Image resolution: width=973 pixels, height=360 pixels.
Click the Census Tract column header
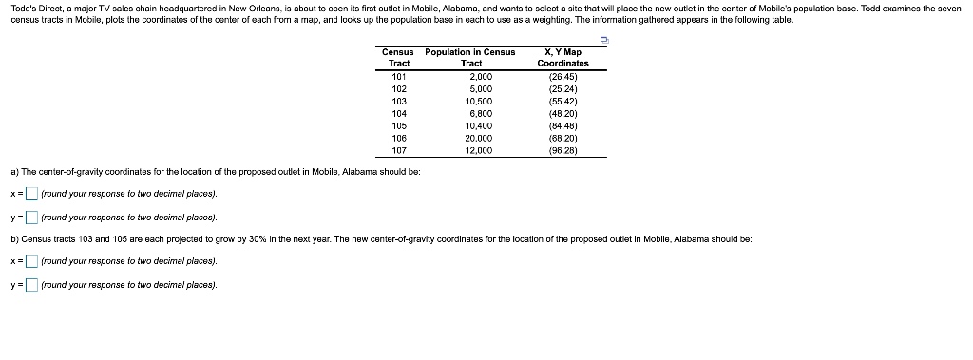coord(399,58)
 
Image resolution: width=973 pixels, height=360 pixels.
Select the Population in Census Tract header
coord(470,58)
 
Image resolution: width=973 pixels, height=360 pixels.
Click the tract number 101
coord(399,76)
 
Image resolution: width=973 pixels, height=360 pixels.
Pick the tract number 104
coord(399,113)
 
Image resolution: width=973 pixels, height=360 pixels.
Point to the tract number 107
coord(399,150)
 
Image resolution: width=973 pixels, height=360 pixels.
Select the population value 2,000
coord(481,76)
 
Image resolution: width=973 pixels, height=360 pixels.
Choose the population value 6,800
coord(480,113)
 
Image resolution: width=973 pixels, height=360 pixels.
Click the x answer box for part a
coord(31,194)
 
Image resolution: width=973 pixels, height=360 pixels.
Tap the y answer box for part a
coord(31,218)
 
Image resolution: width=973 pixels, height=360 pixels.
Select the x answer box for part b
coord(31,261)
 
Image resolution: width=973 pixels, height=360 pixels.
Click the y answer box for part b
coord(31,285)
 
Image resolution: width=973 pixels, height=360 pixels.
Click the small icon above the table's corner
coord(604,39)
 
